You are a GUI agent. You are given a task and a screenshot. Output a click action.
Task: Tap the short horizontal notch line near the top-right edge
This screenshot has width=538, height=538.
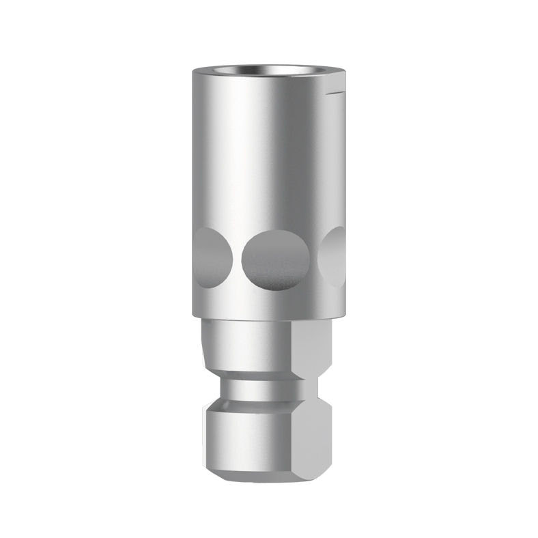click(x=336, y=91)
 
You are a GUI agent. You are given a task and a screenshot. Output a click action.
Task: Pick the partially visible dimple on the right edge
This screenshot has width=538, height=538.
click(x=335, y=256)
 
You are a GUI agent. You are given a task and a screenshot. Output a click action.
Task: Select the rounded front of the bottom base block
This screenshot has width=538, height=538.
click(x=246, y=437)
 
